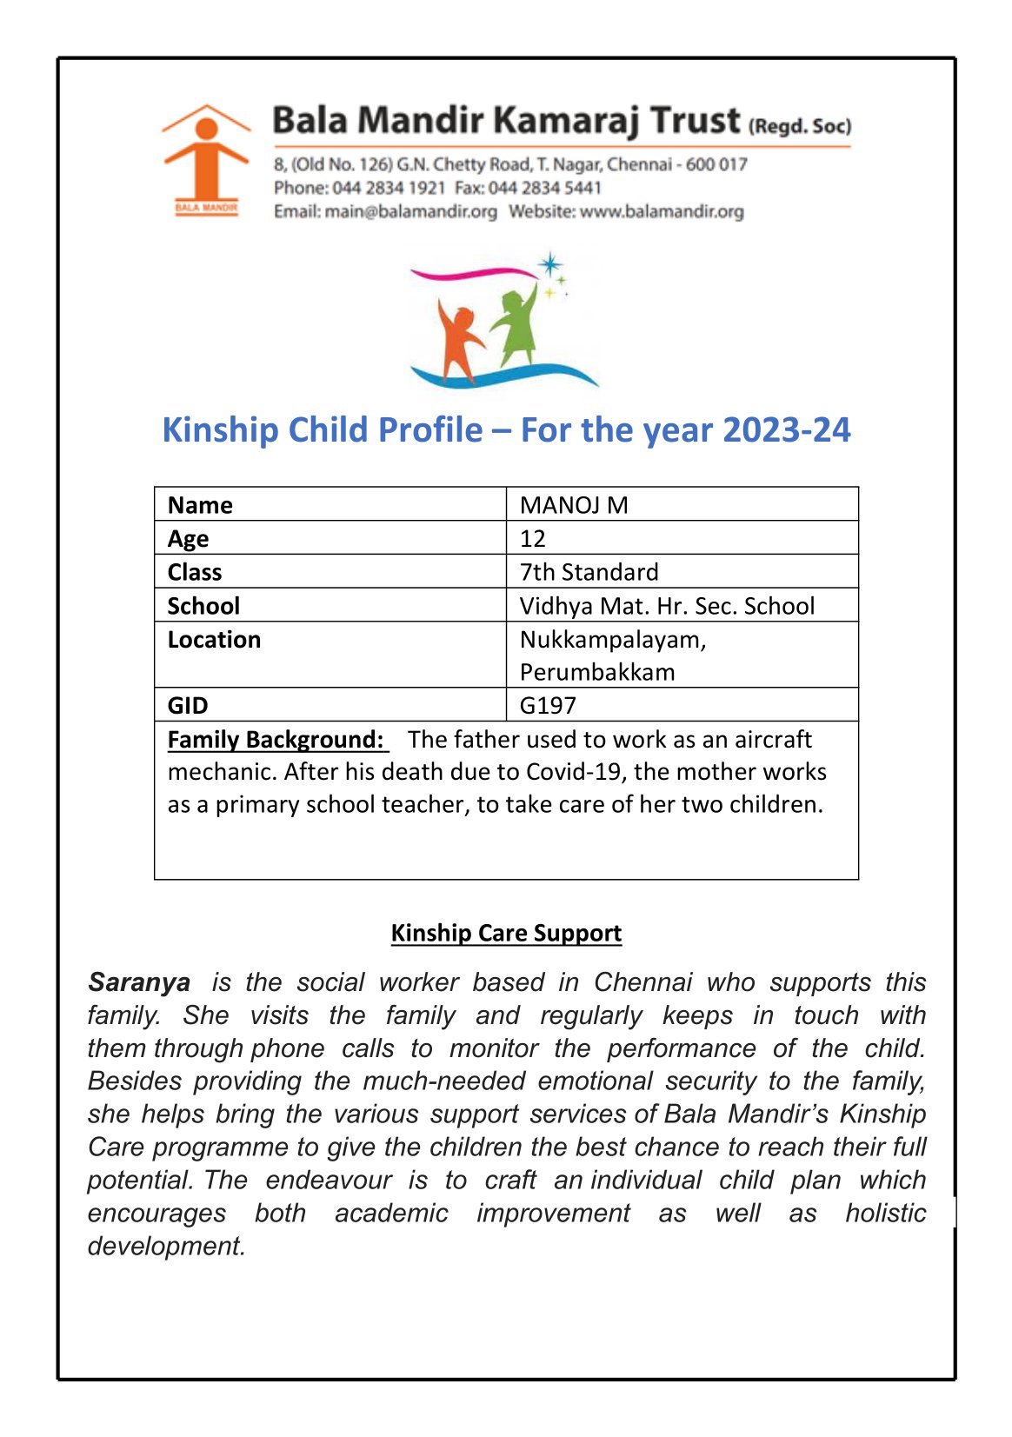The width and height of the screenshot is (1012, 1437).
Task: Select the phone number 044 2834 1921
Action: click(x=389, y=188)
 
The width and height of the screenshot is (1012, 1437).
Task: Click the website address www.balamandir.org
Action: click(x=662, y=211)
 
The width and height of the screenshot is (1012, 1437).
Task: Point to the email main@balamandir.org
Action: click(x=410, y=211)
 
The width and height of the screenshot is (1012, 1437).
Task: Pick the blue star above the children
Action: click(x=549, y=264)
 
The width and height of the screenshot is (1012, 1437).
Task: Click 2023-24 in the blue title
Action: click(x=786, y=430)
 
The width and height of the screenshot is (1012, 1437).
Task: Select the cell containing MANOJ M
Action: click(x=574, y=505)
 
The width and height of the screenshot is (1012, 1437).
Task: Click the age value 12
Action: click(x=533, y=539)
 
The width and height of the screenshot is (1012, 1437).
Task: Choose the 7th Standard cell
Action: click(x=589, y=572)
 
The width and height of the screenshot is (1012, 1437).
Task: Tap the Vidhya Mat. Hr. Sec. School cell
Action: click(x=667, y=606)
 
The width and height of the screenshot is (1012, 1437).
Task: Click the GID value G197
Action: click(x=548, y=705)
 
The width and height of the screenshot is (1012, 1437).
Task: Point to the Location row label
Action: click(x=214, y=640)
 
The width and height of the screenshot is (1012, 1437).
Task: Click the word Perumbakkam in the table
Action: click(x=597, y=672)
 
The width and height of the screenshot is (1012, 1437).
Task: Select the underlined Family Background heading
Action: click(x=276, y=740)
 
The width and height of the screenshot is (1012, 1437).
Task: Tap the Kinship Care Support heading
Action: click(x=506, y=933)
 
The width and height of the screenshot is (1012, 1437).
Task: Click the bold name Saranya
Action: click(x=139, y=982)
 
